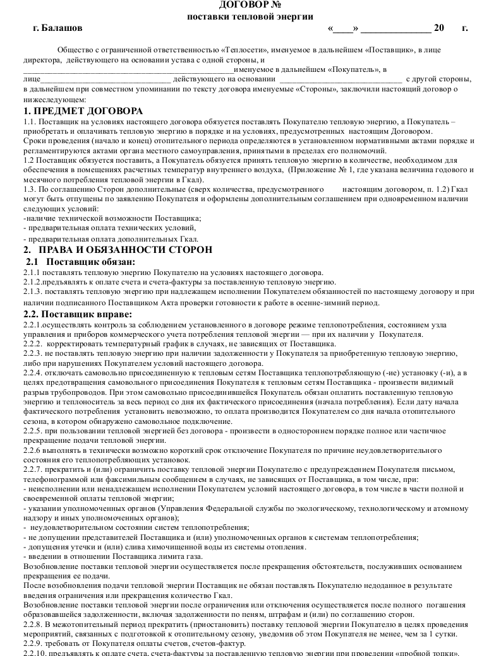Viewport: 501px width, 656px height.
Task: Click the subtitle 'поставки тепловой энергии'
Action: (250, 16)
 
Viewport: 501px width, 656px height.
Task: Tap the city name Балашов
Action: (62, 28)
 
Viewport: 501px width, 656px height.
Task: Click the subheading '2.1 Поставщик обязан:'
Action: (80, 261)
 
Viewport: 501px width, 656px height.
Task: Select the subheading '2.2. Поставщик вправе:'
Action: (78, 313)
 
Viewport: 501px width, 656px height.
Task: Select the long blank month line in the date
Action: (395, 29)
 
